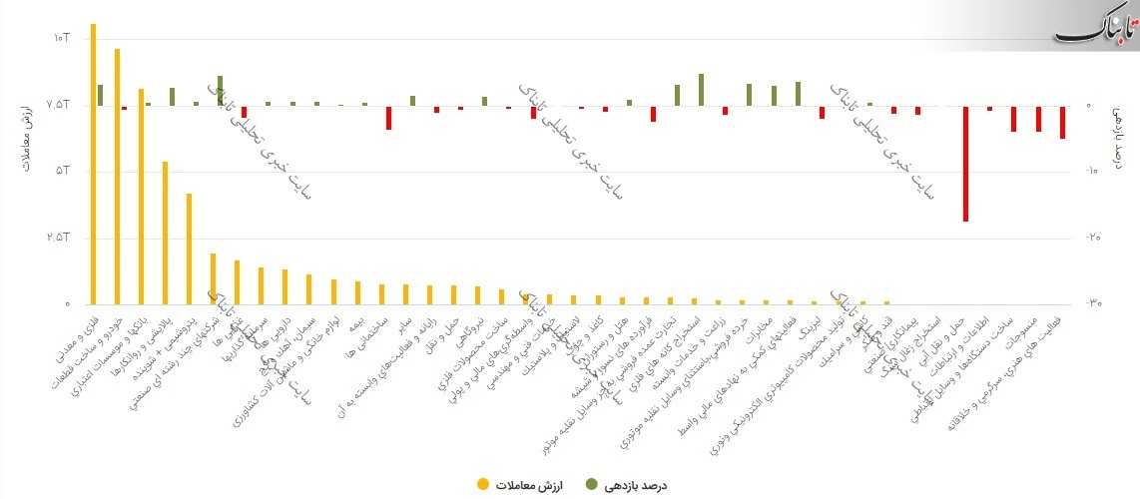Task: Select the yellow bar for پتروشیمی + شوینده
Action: [x=189, y=249]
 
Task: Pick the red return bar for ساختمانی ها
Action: [x=388, y=117]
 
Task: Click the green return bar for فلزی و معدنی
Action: [x=100, y=95]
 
